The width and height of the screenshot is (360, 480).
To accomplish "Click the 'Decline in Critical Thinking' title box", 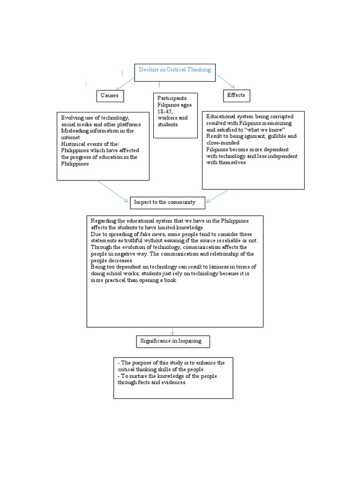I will pos(175,72).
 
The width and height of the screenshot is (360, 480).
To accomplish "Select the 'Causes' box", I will pos(110,96).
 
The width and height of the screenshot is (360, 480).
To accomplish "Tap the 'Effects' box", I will pos(236,95).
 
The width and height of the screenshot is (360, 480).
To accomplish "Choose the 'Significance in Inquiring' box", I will pos(173,341).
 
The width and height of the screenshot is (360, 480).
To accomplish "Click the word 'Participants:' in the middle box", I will pos(172,98).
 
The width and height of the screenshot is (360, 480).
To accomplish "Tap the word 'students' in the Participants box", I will pos(168,125).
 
